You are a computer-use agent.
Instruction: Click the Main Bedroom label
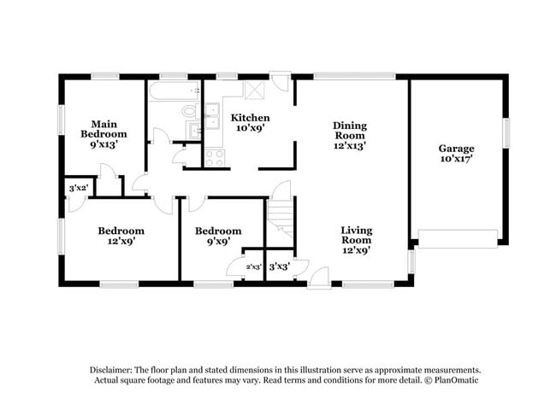104,134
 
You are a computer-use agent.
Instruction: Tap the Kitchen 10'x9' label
251,122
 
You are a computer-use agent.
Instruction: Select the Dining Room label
349,135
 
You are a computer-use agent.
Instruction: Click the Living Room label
356,240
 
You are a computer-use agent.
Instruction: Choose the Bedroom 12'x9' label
121,235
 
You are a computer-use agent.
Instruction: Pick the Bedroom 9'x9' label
217,235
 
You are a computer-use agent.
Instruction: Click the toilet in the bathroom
189,110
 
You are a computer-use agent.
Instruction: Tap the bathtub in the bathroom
174,90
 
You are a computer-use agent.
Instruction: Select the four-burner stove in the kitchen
215,157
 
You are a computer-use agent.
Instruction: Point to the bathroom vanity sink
193,130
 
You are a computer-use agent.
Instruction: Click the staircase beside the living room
280,214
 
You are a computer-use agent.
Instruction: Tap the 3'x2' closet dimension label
78,188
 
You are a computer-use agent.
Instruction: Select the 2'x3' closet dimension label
253,266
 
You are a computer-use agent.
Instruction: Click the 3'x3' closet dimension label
279,266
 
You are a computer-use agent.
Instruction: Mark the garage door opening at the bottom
458,238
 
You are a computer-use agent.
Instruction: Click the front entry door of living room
318,278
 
